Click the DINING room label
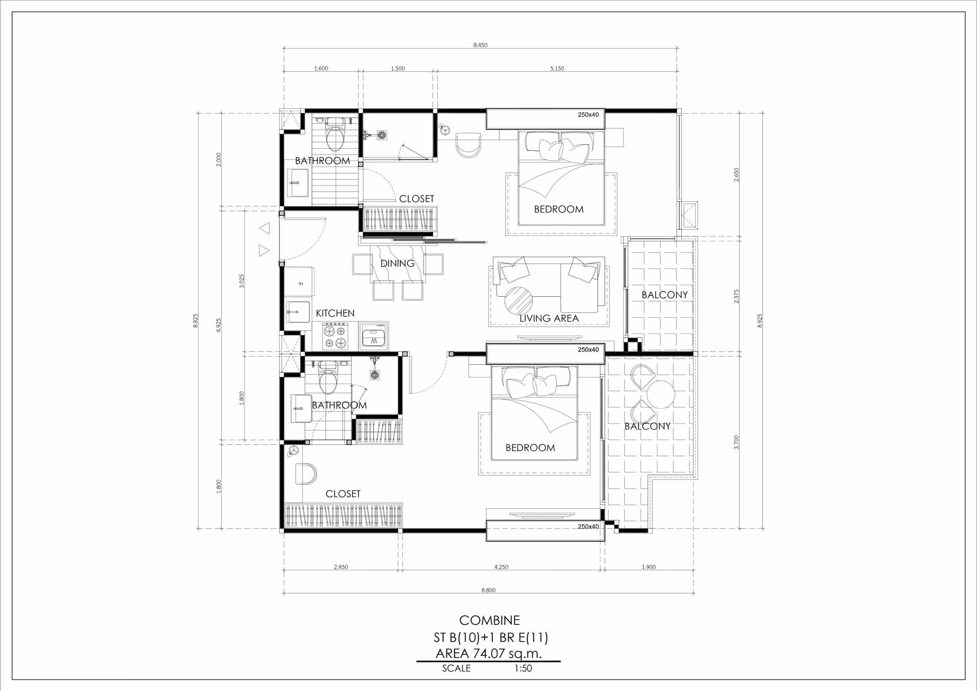(x=398, y=263)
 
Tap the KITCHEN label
(x=335, y=313)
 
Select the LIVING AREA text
(x=549, y=318)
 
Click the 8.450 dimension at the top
(x=480, y=45)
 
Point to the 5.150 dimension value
(x=557, y=69)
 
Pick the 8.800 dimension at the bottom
(x=488, y=590)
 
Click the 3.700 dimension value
(x=737, y=442)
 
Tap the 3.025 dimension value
(x=242, y=281)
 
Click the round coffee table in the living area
(x=518, y=300)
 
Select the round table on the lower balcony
(x=661, y=394)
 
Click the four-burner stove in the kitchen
(x=335, y=336)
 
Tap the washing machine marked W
(x=374, y=336)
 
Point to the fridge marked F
(x=299, y=281)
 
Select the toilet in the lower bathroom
(x=328, y=377)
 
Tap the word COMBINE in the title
(x=490, y=620)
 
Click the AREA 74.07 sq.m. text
(x=489, y=654)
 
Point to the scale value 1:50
(x=523, y=669)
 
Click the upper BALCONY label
(x=664, y=295)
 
